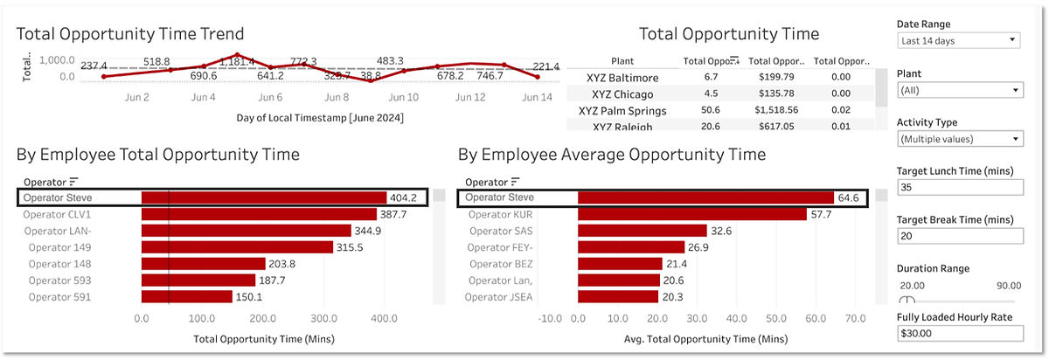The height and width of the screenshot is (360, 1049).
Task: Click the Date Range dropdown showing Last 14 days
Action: pos(959,40)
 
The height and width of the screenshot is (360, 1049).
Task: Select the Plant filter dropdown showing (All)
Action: pos(959,90)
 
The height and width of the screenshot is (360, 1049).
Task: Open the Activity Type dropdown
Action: pos(959,139)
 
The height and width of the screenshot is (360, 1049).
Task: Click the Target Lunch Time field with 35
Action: pos(959,188)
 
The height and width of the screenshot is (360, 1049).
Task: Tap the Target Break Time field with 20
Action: pos(959,237)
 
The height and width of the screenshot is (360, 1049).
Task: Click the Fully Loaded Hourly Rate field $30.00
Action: pos(959,333)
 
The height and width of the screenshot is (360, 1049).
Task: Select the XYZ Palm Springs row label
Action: pos(622,111)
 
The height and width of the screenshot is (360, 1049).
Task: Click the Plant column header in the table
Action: pos(622,61)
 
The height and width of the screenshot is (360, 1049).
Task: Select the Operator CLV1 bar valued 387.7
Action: pos(259,214)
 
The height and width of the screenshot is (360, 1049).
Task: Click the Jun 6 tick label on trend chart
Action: pos(270,98)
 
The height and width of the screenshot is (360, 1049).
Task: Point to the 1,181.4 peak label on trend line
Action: pos(237,62)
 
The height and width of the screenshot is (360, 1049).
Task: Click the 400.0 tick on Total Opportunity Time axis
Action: pos(386,320)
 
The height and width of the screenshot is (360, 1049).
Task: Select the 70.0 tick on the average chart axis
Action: pos(855,320)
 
